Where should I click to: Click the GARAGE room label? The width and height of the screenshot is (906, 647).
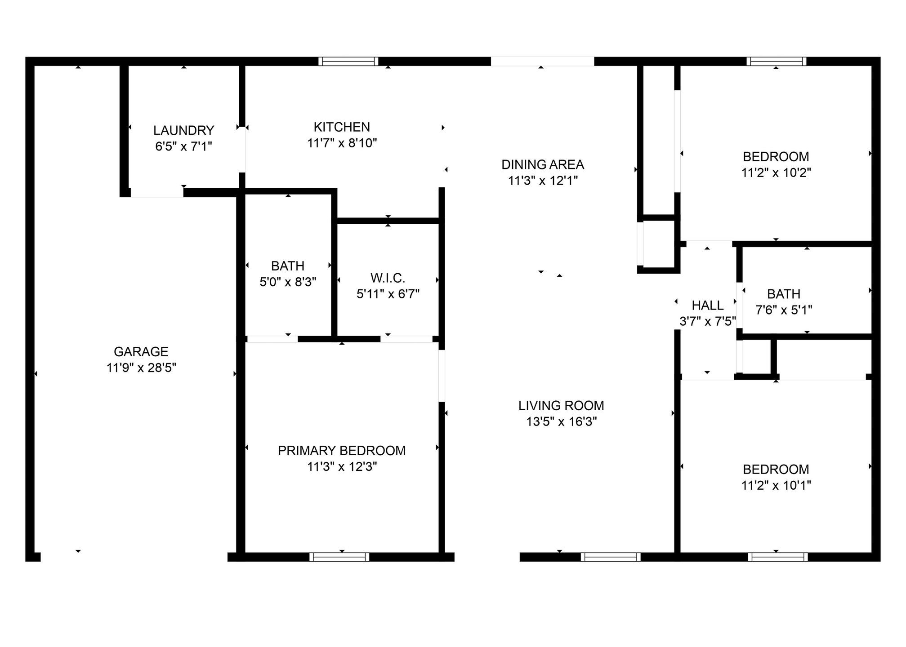pos(141,352)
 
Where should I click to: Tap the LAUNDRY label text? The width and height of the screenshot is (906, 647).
pos(183,131)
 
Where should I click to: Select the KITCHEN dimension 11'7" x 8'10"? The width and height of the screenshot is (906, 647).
pos(342,143)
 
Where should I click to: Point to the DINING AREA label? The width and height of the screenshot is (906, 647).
pos(543,165)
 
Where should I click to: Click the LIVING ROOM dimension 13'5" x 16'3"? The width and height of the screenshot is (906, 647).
pos(562,422)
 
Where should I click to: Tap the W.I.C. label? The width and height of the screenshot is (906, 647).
pos(388,279)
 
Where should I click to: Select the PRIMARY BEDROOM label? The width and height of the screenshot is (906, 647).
pos(342,451)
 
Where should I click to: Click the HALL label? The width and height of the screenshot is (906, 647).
pos(708,306)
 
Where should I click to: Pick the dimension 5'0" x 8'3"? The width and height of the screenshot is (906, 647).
pos(288,282)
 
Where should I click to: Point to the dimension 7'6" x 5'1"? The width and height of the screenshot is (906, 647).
pos(784,310)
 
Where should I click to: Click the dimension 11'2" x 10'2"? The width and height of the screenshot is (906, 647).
pos(776,173)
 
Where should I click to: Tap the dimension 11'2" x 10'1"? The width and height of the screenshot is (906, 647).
pos(776,485)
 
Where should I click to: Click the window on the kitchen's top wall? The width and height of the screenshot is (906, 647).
pos(348,62)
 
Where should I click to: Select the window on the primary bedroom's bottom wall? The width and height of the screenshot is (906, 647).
pos(339,557)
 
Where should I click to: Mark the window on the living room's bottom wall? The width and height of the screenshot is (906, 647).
pos(611,557)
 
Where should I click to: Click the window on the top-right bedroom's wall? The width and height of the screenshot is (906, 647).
pos(777,62)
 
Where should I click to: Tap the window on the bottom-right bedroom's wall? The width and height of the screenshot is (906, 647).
pos(778,557)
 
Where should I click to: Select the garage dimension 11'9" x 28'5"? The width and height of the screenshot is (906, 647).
pos(141,368)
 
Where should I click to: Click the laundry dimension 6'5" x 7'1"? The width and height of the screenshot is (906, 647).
pos(183,146)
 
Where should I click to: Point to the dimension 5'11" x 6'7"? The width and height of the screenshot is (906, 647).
pos(388,294)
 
